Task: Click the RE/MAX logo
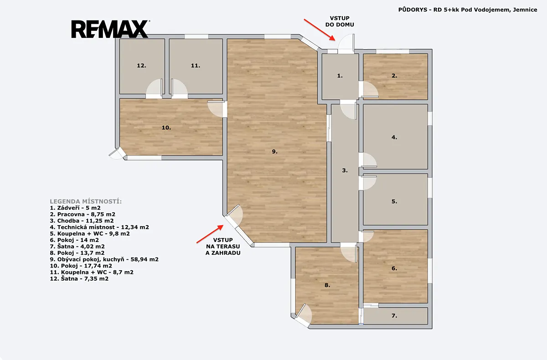click(x=110, y=29)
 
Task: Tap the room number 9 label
click(x=275, y=152)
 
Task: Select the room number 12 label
click(x=141, y=66)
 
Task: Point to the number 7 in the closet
click(x=394, y=316)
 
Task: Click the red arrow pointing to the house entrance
click(x=319, y=30)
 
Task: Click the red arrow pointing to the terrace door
click(x=210, y=234)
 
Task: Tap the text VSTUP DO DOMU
click(x=340, y=21)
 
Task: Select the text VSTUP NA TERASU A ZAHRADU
click(x=223, y=247)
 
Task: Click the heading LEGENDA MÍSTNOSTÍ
click(x=86, y=201)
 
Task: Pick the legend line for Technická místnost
click(x=99, y=227)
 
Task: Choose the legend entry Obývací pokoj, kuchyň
click(x=104, y=259)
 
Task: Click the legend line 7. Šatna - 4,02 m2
click(x=77, y=247)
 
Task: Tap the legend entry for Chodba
click(x=82, y=221)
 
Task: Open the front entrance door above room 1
click(x=346, y=43)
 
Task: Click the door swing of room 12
click(x=155, y=88)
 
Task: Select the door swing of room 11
click(x=180, y=88)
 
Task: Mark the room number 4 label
click(x=394, y=138)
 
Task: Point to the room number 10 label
click(x=166, y=128)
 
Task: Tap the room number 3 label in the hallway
click(x=345, y=170)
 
